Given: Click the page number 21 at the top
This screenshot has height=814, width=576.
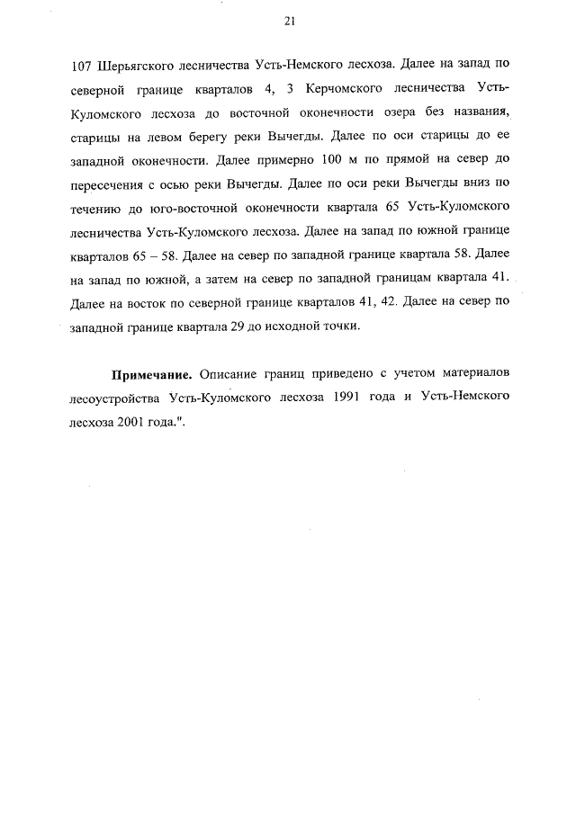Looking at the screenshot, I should pyautogui.click(x=289, y=20).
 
